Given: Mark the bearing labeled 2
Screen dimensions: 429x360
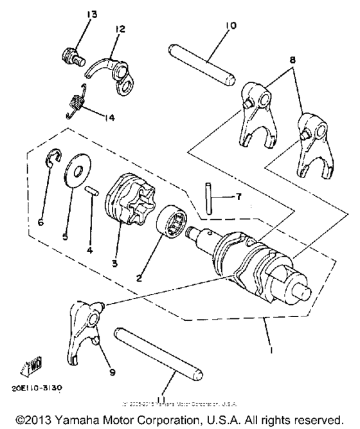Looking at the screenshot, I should pos(175,223).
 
